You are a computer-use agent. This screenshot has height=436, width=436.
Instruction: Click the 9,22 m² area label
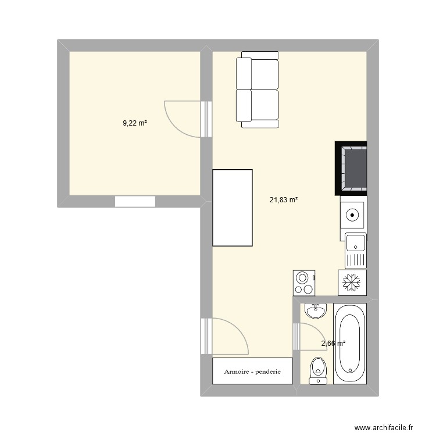pos(134,123)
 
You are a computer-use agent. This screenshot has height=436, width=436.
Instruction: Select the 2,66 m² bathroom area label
pos(333,344)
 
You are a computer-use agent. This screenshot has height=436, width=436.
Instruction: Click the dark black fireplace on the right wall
pos(351,168)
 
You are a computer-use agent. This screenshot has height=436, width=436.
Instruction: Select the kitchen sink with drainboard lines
pos(356,250)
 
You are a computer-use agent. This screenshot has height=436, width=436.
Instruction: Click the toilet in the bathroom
pos(317,371)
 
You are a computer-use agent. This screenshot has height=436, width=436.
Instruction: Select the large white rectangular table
pos(233,208)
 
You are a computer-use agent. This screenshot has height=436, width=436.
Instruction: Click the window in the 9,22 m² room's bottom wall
pos(135,202)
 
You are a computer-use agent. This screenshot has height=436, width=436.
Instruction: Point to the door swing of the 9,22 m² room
pos(183,119)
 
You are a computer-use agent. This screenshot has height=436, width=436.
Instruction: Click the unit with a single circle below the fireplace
pos(353,215)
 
